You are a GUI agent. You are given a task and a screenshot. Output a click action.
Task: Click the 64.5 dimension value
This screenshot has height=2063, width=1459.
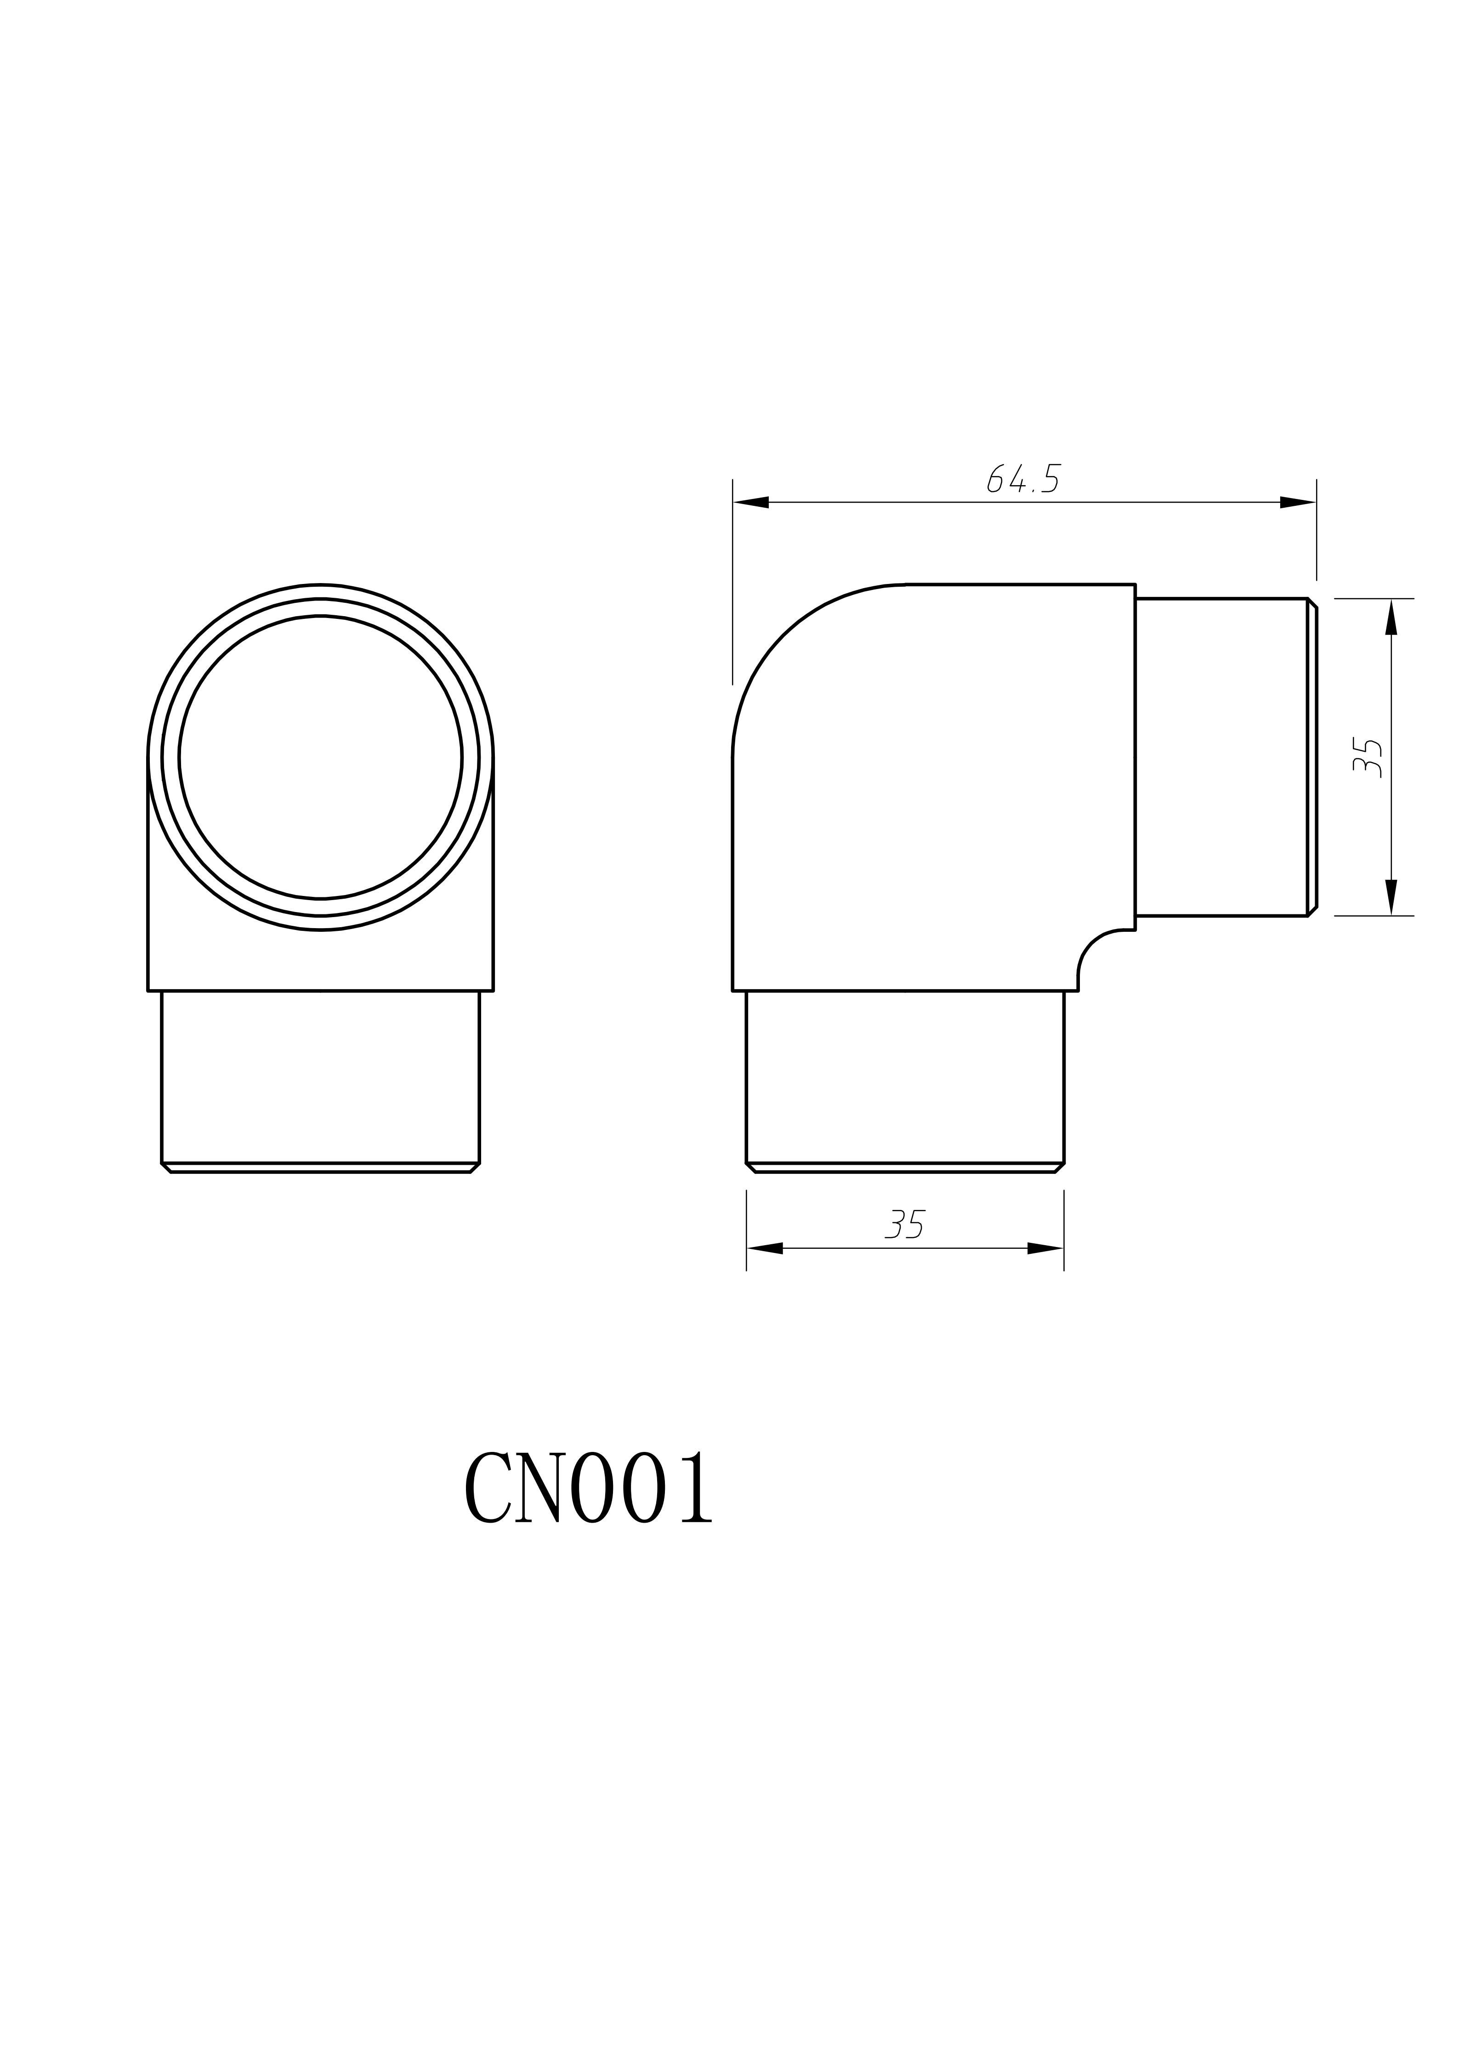point(1023,479)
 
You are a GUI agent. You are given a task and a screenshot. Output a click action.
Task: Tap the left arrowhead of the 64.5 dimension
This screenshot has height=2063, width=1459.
point(751,502)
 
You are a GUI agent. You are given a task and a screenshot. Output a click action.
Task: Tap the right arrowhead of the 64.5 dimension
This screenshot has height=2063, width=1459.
point(1298,502)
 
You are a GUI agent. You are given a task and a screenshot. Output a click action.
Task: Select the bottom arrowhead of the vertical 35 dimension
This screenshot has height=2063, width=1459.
point(1391,897)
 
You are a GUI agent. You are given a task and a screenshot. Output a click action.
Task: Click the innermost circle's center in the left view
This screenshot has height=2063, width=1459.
point(321,757)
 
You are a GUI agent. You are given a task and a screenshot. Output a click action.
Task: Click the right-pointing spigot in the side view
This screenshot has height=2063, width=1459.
point(1222,757)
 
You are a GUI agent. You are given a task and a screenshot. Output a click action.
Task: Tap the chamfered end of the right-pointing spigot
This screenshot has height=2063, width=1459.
point(1312,757)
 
